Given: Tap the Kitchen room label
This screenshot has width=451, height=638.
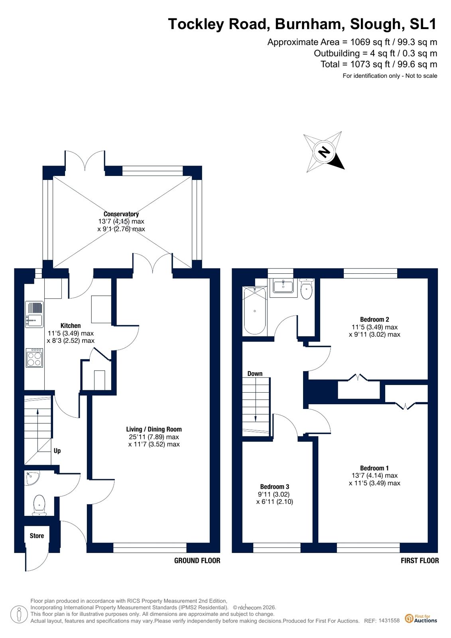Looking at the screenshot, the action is pos(71,326).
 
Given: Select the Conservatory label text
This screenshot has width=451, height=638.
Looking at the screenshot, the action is pos(121,214).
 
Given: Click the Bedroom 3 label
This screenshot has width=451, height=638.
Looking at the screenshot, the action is pos(274,487).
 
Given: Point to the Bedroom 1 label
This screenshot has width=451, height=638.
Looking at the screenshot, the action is pos(374,468).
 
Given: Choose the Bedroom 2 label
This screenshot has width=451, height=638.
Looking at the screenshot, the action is pos(374,320).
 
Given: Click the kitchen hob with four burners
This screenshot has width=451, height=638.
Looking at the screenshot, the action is pos(34,358).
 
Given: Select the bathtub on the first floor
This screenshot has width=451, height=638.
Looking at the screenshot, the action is pos(254,310).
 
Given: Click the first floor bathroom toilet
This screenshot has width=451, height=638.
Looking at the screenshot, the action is pos(307,289).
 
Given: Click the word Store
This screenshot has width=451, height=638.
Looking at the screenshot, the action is pos(37,536).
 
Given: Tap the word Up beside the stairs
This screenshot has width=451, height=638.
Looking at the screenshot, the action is pos(57,451).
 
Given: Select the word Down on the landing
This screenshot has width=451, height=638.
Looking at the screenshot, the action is pos(255,374).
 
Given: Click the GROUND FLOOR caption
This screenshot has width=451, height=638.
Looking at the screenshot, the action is pos(197,561).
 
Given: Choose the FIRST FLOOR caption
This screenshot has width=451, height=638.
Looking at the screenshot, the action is pos(419,561).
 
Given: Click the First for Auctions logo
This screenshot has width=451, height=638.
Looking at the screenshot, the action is pos(421,618).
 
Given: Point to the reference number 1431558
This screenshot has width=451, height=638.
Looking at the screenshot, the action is pos(389,620).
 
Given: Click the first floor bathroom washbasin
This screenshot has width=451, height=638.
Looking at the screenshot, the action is pos(283,286).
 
